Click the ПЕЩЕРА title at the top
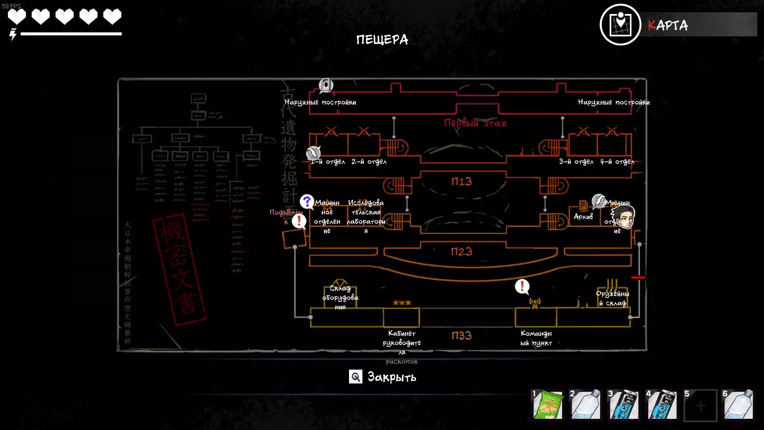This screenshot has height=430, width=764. coord(382,40)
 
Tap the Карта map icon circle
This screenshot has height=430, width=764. coord(620,25)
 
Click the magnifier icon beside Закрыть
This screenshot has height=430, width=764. coord(356,377)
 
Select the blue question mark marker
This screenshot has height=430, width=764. coord(306,202)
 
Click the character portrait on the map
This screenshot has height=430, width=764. coord(623,217)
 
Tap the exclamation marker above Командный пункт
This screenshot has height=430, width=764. coord(522,287)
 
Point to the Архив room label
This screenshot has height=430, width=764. coord(583,217)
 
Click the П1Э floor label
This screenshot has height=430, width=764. coord(461,181)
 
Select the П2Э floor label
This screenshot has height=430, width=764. coord(461,251)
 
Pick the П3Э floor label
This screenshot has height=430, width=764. coord(461,335)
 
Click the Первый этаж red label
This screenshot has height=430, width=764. coord(475,123)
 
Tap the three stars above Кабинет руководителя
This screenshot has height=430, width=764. coord(402,303)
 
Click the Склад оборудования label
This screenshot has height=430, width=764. coord(340,298)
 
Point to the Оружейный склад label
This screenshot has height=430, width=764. coord(612,298)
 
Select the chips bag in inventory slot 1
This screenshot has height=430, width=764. coord(547,405)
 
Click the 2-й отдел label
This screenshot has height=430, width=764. coord(369,162)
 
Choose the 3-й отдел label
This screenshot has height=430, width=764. coord(576,162)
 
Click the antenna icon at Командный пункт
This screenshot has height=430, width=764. coord(535,303)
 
